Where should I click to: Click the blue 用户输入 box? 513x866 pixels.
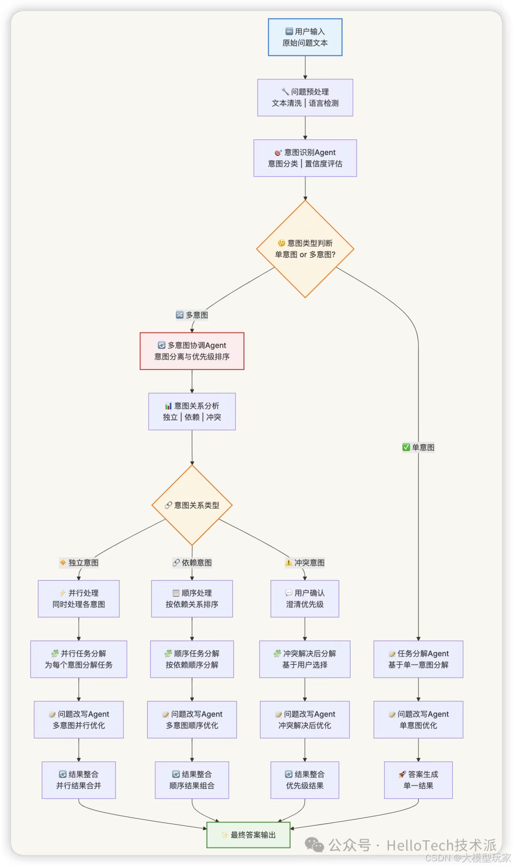coord(305,37)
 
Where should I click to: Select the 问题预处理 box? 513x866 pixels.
coord(305,97)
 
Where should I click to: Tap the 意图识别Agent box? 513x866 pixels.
coord(305,158)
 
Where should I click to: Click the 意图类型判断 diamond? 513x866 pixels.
coord(305,249)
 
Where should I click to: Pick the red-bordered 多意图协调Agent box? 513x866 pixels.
coord(192,351)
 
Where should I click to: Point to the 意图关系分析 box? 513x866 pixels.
coord(192,411)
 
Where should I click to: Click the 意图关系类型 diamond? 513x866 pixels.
coord(192,505)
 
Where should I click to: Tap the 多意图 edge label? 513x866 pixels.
coord(192,315)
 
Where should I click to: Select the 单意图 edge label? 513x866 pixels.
coord(418,447)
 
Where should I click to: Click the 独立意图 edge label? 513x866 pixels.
coord(79,563)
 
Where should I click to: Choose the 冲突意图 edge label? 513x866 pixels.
coord(305,563)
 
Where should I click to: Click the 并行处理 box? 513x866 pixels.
coord(79,599)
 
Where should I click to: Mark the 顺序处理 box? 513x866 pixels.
coord(192,599)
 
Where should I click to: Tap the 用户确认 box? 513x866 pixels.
coord(305,599)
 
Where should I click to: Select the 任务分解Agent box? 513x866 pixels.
coord(418,659)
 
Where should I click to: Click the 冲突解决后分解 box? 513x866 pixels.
coord(305,659)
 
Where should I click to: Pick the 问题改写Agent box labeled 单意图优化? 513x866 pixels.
coord(418,720)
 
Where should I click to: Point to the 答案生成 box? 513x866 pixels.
coord(418,780)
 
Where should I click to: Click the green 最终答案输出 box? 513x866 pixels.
coord(248,835)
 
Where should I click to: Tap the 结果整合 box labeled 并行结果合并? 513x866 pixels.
coord(79,780)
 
